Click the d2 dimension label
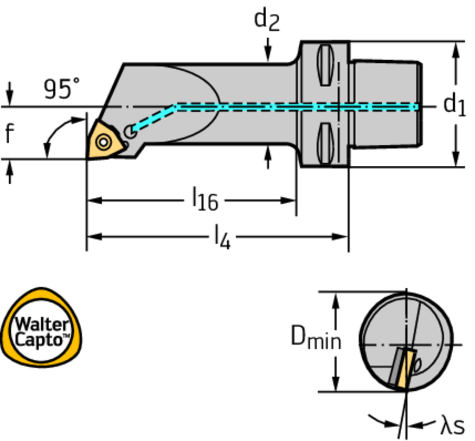[267, 20]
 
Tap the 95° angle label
[61, 89]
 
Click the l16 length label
[205, 200]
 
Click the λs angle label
[452, 425]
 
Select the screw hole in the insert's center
[103, 140]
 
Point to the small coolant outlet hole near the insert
[130, 132]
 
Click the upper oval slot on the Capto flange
[325, 65]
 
